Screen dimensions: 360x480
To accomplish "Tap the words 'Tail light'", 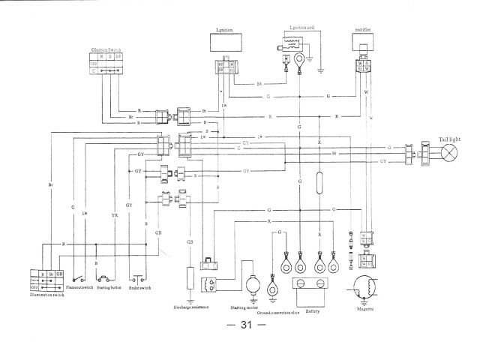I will coord(452,139).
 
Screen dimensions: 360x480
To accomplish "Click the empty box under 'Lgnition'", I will coord(225,44).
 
